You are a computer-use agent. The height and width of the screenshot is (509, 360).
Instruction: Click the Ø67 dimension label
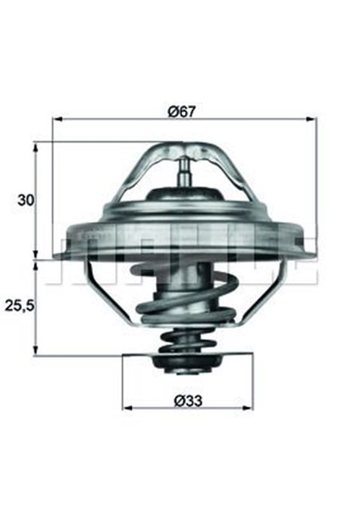click(182, 111)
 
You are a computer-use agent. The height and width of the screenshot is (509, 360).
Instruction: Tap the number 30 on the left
click(25, 200)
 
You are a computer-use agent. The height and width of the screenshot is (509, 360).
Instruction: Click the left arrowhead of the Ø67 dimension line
click(56, 120)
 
